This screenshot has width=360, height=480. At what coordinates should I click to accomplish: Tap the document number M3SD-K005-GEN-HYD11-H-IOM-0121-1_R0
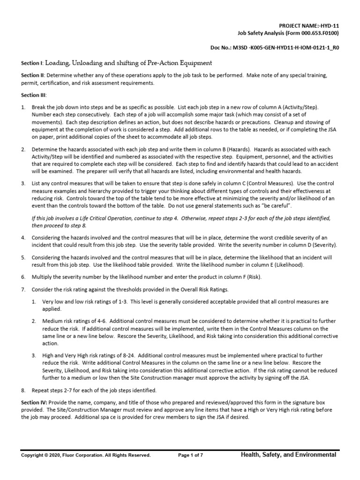(287, 48)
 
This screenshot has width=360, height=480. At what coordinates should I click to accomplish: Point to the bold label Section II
(32, 75)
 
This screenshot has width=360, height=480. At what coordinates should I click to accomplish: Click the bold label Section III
(33, 95)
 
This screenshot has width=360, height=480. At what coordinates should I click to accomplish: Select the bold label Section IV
(33, 403)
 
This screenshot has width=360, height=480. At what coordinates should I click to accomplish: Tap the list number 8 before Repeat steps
(22, 390)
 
